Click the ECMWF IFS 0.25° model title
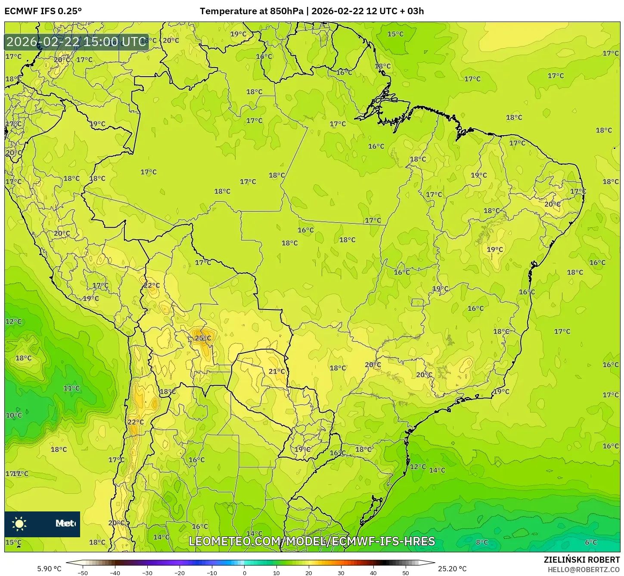[x=43, y=11]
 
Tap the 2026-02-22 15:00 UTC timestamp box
[x=77, y=42]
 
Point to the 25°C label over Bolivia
[x=203, y=338]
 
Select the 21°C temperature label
[x=276, y=372]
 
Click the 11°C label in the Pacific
[x=71, y=388]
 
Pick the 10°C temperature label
[x=13, y=415]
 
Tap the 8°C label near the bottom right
[x=481, y=542]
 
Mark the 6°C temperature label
[x=591, y=542]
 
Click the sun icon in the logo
[x=19, y=524]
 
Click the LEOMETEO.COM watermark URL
[x=312, y=541]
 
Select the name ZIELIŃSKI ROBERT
[x=582, y=560]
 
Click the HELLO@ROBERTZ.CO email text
[x=584, y=570]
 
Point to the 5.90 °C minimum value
[x=49, y=569]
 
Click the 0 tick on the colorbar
[x=244, y=573]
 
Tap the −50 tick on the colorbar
[x=82, y=573]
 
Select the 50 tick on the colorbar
[x=406, y=573]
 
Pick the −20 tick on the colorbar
[x=180, y=573]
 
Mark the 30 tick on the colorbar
[x=341, y=573]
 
